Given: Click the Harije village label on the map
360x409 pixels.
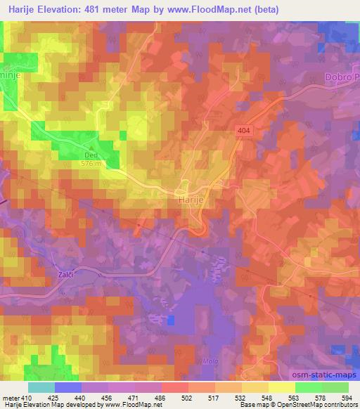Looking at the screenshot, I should pos(186,199).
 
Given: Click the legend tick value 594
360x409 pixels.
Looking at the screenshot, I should pos(349,396).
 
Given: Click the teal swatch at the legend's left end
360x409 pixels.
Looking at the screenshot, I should pos(41,387).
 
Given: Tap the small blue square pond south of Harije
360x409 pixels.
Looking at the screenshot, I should pos(172,320).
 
